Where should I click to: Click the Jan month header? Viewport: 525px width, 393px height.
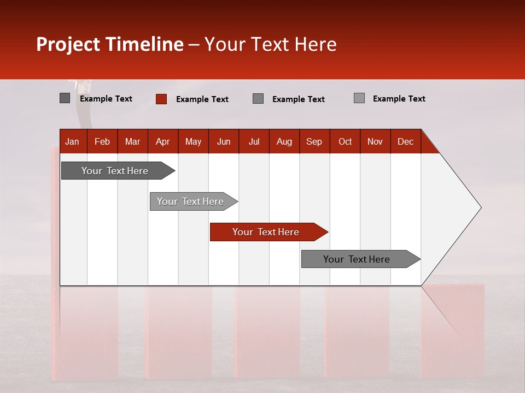click(x=73, y=141)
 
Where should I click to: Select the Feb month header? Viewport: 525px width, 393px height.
click(x=102, y=141)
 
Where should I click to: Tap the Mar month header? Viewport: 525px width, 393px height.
click(x=132, y=141)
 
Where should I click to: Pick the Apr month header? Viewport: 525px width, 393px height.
click(x=163, y=141)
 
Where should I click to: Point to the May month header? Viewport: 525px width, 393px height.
click(x=193, y=141)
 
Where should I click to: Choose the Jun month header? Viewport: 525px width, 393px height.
click(x=224, y=141)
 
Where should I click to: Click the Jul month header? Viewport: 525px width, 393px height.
click(x=254, y=141)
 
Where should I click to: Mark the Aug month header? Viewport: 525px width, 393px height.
click(x=284, y=141)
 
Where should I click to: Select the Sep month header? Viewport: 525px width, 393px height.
click(x=314, y=141)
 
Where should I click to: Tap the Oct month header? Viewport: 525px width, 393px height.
click(x=345, y=141)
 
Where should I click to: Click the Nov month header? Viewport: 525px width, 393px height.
click(x=375, y=141)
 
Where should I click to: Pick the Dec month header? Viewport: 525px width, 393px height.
click(x=406, y=141)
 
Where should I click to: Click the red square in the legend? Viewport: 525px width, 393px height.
click(x=161, y=99)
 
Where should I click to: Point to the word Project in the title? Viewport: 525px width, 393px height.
click(x=68, y=44)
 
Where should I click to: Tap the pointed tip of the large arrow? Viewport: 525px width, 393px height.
click(x=479, y=207)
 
